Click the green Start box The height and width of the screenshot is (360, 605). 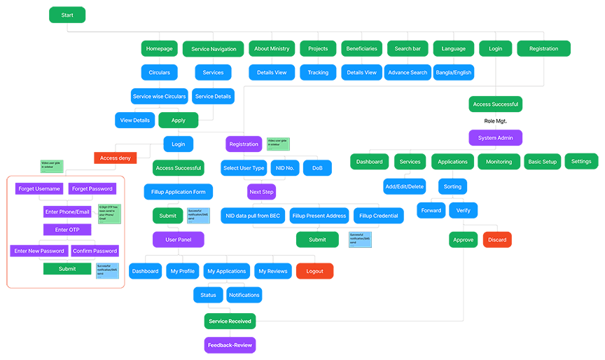(x=67, y=15)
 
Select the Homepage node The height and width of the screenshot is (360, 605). (x=159, y=49)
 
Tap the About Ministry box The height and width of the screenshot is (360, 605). (x=272, y=49)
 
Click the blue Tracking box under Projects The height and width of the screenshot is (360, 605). (x=318, y=72)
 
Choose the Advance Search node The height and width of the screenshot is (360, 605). (x=408, y=72)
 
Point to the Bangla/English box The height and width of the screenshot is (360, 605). (x=454, y=72)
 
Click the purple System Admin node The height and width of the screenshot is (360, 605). (x=496, y=137)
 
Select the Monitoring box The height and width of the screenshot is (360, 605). (x=499, y=162)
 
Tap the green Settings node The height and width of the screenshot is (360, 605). (x=581, y=161)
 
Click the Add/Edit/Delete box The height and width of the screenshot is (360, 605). (x=404, y=186)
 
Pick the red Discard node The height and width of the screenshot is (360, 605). (x=497, y=240)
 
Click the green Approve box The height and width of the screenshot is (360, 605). (x=463, y=240)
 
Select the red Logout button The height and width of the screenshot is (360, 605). (x=314, y=271)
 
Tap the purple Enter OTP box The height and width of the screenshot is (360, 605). (x=67, y=230)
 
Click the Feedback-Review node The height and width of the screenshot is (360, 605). (x=230, y=345)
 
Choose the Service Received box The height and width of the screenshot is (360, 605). (x=230, y=321)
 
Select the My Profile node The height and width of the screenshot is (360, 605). (x=182, y=271)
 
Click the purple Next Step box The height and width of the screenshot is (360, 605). (x=261, y=191)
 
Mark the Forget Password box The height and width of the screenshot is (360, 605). (x=92, y=188)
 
